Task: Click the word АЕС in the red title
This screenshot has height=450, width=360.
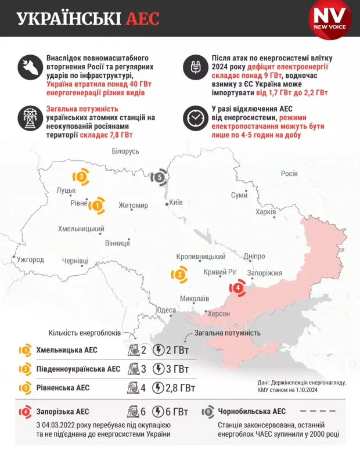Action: (x=142, y=19)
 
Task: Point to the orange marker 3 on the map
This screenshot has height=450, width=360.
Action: (x=81, y=177)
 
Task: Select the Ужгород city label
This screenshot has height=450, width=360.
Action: (x=30, y=259)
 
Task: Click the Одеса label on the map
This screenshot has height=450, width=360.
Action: (x=166, y=310)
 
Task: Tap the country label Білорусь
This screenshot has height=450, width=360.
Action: (x=125, y=151)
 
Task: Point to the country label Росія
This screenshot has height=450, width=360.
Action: (x=289, y=173)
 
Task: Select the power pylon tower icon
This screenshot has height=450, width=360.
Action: (x=28, y=118)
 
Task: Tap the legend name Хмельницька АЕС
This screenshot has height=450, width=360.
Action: (x=67, y=350)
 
